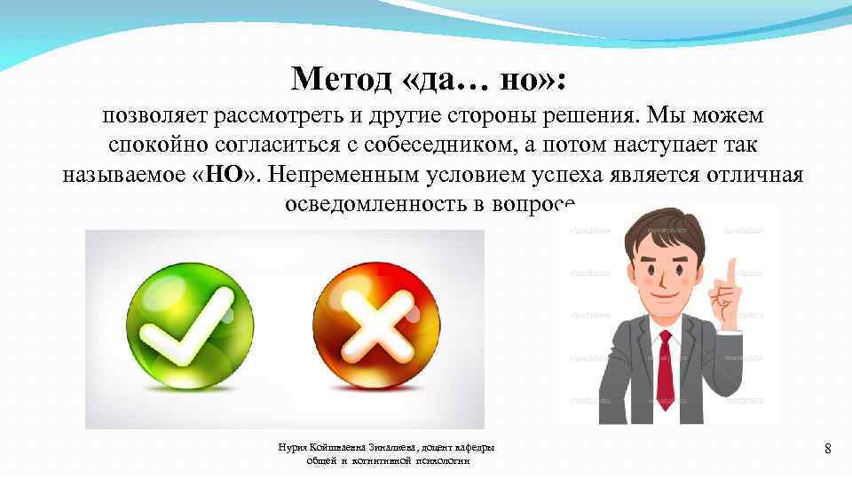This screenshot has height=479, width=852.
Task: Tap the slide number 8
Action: pos(827,449)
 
